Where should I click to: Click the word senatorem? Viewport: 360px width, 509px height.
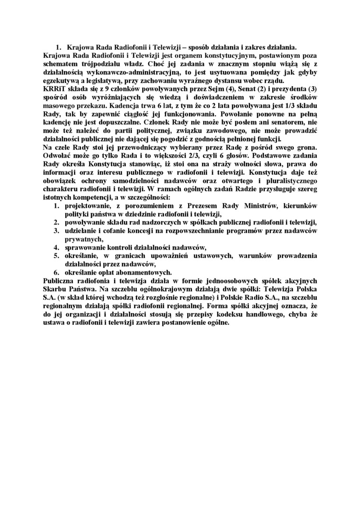coord(284,123)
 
